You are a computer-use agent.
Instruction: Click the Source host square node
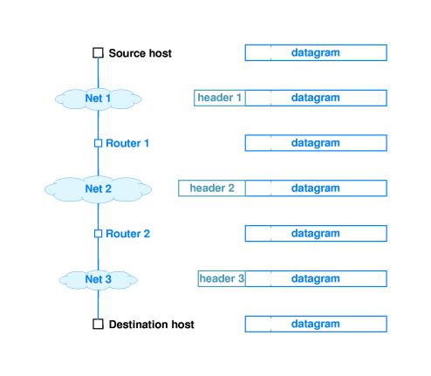(x=98, y=53)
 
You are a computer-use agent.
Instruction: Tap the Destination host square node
(x=98, y=324)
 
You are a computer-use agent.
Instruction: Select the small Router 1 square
(x=99, y=143)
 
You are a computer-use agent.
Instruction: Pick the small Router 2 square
(x=99, y=234)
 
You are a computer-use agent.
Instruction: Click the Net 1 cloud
(x=99, y=99)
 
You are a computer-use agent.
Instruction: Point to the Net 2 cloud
(x=99, y=189)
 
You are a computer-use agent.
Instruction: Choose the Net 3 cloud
(x=99, y=280)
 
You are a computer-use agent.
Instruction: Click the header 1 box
(x=220, y=98)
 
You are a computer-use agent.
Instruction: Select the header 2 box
(x=212, y=188)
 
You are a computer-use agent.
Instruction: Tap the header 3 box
(x=222, y=278)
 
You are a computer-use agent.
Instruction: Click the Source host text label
(x=140, y=53)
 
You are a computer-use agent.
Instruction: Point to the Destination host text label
(x=152, y=325)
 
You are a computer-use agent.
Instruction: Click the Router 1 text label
(x=127, y=143)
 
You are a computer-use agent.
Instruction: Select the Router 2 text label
(x=128, y=234)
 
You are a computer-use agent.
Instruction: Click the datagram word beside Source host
(x=316, y=53)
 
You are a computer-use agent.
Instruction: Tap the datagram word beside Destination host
(x=316, y=324)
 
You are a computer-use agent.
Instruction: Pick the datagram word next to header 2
(x=316, y=188)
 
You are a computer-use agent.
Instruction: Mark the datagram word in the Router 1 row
(x=316, y=143)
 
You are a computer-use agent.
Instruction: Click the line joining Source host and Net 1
(x=98, y=73)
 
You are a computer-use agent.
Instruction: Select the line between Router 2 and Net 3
(x=99, y=254)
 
